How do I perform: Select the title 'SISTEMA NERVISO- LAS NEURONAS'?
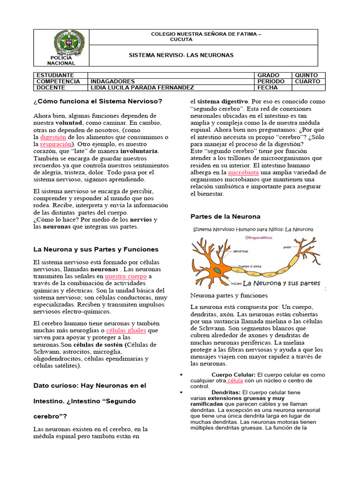(181, 55)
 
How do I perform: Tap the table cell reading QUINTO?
(306, 75)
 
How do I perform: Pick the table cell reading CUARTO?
(307, 81)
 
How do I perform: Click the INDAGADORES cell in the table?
(112, 81)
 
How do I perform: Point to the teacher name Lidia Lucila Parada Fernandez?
(141, 88)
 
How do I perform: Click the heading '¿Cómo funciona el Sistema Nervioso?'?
(98, 101)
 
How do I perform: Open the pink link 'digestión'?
(53, 137)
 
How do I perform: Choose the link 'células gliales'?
(126, 330)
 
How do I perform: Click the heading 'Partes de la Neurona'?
(225, 217)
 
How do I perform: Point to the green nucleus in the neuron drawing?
(217, 270)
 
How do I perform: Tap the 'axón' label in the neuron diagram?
(287, 246)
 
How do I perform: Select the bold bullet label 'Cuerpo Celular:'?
(233, 375)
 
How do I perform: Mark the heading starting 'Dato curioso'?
(90, 385)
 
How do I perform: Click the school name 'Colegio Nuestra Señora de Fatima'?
(206, 34)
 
